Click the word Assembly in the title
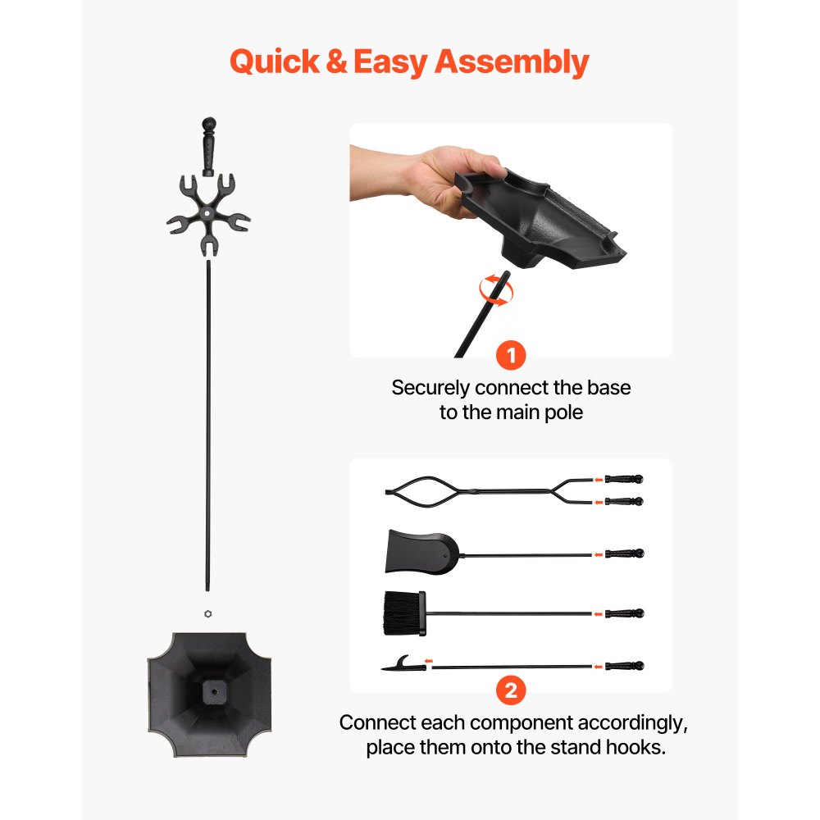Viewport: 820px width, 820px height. pyautogui.click(x=510, y=62)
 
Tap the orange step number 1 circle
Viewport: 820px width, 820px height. pyautogui.click(x=511, y=356)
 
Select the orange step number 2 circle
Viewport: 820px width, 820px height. pyautogui.click(x=511, y=690)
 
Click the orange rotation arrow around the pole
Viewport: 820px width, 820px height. pyautogui.click(x=494, y=289)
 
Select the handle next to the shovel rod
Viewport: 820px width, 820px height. pyautogui.click(x=624, y=553)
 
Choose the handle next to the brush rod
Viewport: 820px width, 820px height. pyautogui.click(x=624, y=613)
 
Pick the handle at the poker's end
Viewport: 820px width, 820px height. pyautogui.click(x=624, y=666)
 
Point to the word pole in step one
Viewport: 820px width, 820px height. pyautogui.click(x=563, y=412)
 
